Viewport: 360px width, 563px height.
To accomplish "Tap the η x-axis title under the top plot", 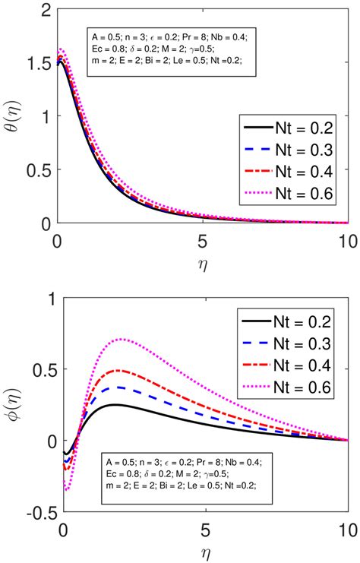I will click(203, 262).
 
